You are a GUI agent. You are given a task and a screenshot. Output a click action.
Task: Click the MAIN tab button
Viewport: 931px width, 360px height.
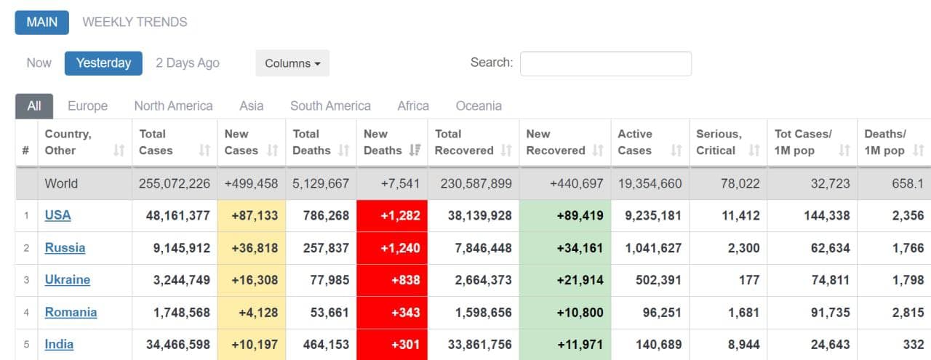(41, 22)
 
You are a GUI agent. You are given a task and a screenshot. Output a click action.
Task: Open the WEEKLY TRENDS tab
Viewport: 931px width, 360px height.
(135, 22)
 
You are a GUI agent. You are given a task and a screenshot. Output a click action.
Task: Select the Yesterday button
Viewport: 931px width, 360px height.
(103, 63)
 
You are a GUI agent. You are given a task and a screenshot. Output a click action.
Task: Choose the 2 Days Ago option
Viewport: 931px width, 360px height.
(187, 63)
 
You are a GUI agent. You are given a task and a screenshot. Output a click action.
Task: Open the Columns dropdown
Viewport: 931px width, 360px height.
(292, 63)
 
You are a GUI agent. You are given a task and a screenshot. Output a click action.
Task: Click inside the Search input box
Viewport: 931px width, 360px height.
(605, 63)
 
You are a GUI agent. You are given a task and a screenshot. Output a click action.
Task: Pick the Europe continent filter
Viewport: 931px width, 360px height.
(87, 105)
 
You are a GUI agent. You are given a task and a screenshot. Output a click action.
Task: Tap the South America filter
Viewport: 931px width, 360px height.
(330, 105)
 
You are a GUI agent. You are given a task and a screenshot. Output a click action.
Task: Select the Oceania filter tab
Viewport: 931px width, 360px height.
(478, 105)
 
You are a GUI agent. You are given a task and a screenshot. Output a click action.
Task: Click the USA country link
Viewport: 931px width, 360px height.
(58, 215)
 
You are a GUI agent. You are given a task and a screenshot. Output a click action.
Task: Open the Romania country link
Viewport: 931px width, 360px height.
(71, 312)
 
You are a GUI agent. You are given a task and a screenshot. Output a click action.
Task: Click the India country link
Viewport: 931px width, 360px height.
(59, 344)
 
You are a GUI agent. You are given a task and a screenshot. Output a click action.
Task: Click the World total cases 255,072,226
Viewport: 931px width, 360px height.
(175, 183)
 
